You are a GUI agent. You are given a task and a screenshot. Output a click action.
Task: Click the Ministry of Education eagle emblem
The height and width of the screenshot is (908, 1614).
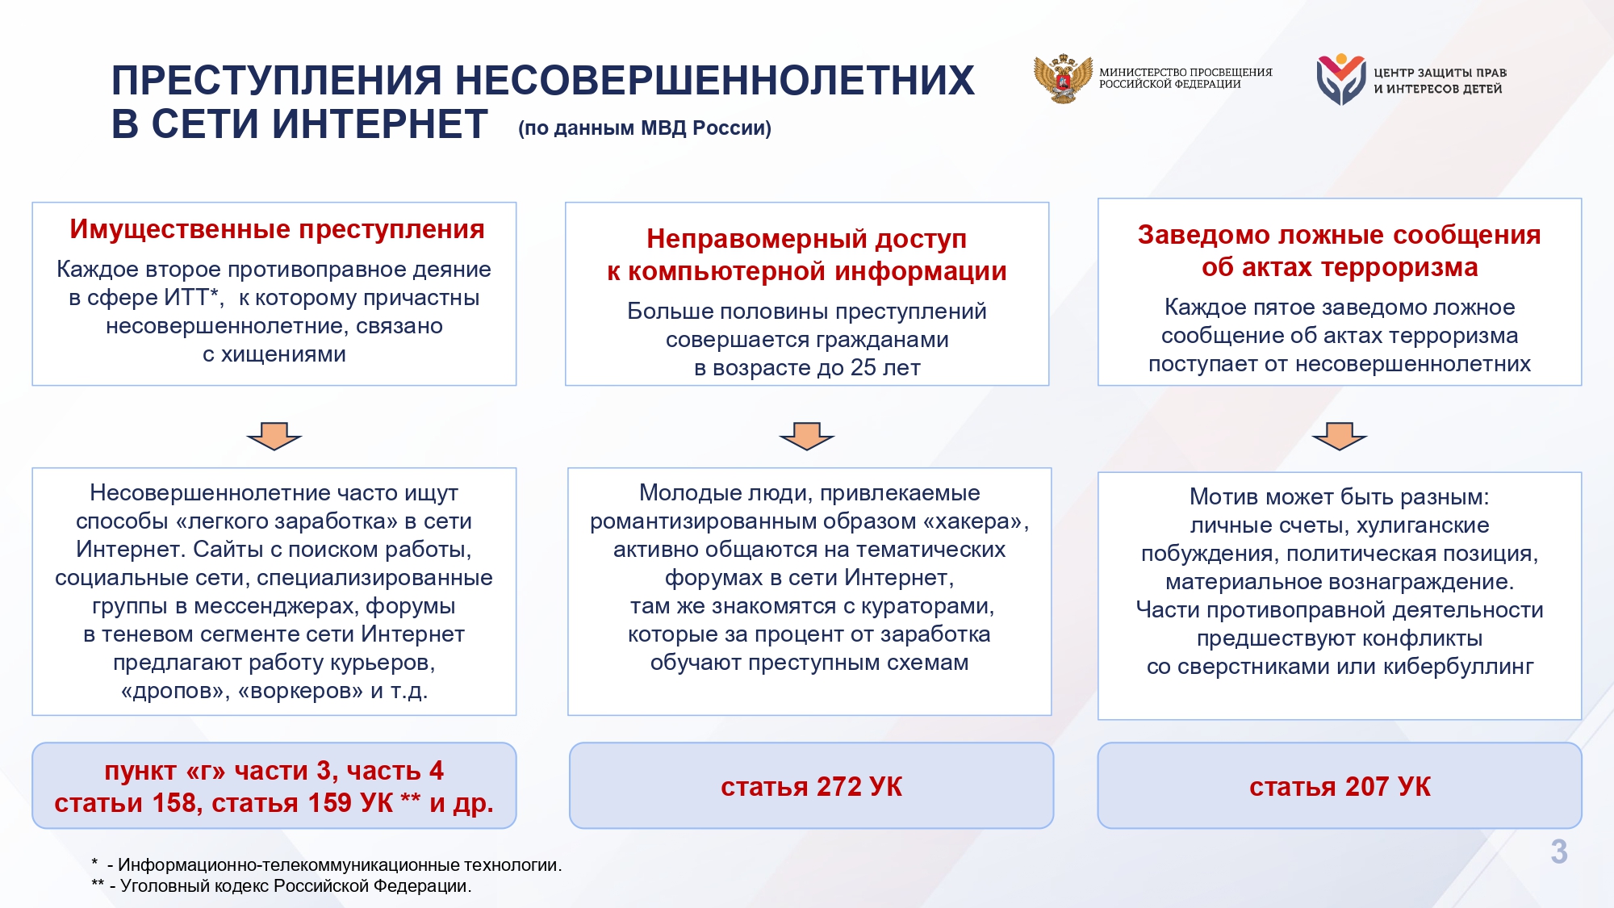tap(1063, 78)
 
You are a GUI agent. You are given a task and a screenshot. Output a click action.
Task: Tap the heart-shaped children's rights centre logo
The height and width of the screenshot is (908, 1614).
tap(1341, 79)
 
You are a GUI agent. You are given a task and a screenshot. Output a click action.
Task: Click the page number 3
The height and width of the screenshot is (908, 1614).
tap(1559, 852)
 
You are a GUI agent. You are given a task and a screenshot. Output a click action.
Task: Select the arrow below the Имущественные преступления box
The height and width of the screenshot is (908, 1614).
tap(274, 436)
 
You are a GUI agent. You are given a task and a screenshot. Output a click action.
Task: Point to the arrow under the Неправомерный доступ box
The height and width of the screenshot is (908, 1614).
tap(807, 436)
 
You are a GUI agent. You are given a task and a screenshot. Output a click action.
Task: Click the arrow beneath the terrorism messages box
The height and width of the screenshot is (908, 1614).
tap(1340, 436)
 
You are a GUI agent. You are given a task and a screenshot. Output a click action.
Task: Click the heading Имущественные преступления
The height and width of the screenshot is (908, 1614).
tap(277, 229)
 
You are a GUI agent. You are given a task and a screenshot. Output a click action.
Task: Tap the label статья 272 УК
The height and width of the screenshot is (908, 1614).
tap(811, 786)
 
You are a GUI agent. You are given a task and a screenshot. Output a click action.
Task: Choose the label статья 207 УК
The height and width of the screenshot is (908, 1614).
tap(1340, 786)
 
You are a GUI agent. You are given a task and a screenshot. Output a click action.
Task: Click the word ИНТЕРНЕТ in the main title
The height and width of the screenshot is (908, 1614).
tap(379, 124)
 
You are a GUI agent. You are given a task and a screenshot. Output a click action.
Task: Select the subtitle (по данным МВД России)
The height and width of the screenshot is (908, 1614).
tap(645, 128)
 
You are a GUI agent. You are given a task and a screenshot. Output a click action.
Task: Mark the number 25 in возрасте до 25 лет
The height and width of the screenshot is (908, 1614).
tap(863, 368)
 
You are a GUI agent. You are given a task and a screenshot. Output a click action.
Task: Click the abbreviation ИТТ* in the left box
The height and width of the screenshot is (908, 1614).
tap(192, 298)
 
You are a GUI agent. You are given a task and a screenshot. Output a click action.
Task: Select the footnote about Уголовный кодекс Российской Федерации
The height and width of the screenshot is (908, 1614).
tap(282, 885)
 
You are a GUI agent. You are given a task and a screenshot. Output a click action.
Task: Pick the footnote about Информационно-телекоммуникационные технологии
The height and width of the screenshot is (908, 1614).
tap(327, 864)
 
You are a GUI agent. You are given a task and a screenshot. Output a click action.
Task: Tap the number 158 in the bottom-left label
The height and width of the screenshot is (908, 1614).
tap(175, 803)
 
